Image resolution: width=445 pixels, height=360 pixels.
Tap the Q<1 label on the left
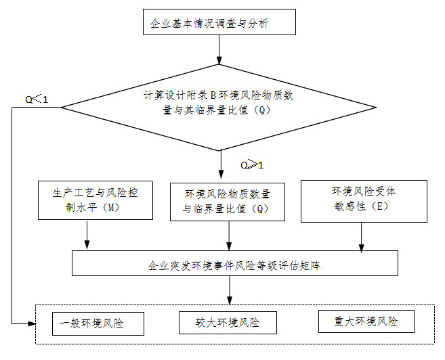(x=37, y=100)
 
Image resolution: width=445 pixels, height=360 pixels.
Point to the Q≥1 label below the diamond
(x=251, y=165)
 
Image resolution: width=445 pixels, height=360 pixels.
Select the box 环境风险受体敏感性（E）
(x=363, y=200)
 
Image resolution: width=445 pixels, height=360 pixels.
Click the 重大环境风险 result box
(x=366, y=321)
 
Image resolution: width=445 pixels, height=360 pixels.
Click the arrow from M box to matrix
(x=87, y=235)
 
